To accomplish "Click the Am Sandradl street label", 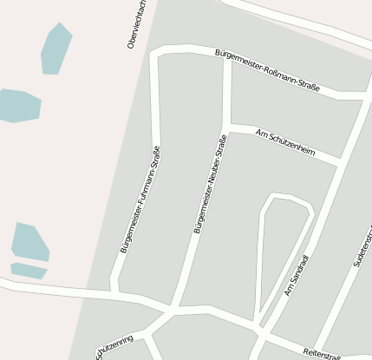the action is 297,275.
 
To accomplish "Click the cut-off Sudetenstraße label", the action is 363,247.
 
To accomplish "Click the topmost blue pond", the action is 55,49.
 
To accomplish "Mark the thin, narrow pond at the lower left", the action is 28,271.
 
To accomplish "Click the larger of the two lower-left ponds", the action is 29,242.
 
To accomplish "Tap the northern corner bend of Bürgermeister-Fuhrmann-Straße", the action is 156,56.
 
